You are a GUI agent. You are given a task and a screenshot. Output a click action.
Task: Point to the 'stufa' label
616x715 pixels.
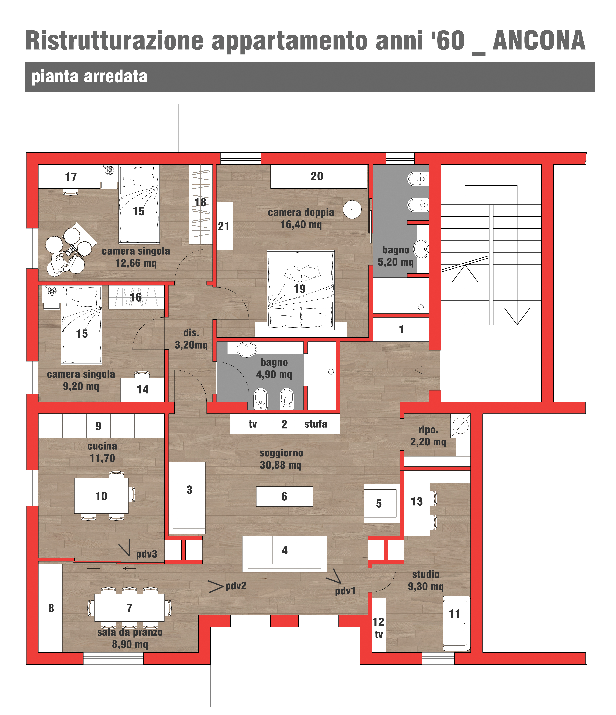(316, 424)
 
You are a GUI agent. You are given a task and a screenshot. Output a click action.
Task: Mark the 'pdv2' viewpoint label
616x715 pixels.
(236, 586)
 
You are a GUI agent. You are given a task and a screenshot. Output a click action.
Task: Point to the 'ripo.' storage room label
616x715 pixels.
(428, 430)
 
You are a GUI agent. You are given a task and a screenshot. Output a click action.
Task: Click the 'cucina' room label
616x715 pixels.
(102, 446)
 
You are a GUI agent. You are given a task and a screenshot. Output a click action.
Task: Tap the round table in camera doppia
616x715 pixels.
(352, 209)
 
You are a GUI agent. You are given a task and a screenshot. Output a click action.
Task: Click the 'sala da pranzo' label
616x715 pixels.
(130, 632)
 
